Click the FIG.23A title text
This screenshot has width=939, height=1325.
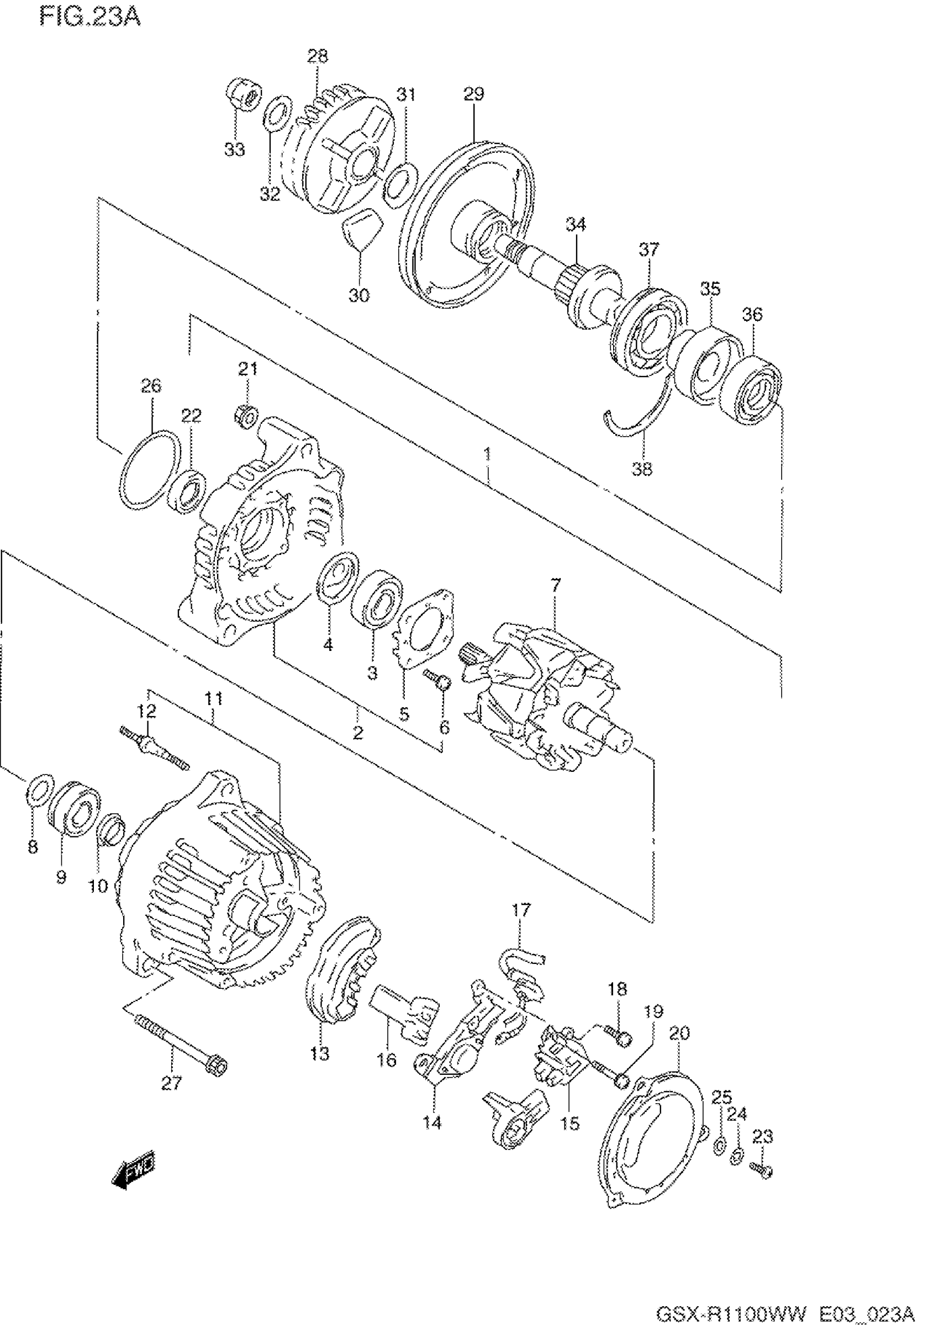pyautogui.click(x=89, y=18)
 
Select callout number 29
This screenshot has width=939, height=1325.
pyautogui.click(x=473, y=94)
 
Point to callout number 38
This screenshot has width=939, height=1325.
pyautogui.click(x=642, y=469)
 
